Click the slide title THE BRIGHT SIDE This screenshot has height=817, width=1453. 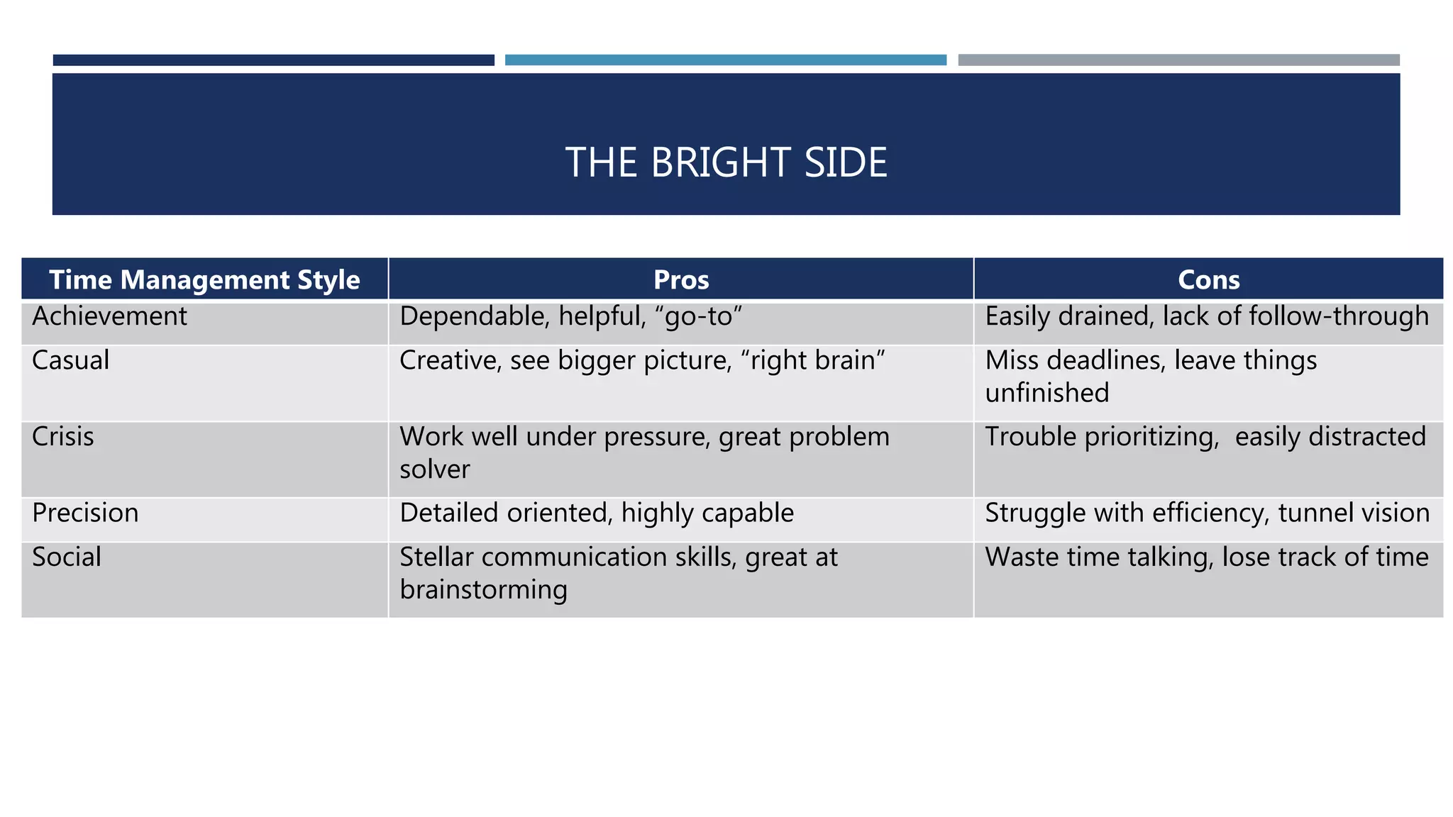[x=726, y=162]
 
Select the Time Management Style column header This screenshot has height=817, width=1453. [x=204, y=279]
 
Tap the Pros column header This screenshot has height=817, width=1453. [x=681, y=279]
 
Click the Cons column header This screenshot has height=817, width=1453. [x=1208, y=279]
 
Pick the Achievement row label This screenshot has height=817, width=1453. [x=109, y=316]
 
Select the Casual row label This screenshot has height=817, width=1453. [x=70, y=360]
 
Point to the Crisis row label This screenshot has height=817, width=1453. [x=62, y=437]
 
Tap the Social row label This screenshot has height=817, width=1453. [x=66, y=557]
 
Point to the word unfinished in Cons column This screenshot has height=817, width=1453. [x=1046, y=393]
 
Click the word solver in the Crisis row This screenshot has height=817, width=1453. [x=434, y=469]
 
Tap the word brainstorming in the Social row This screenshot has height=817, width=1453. [x=483, y=590]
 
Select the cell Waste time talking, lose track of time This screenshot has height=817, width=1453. [x=1207, y=557]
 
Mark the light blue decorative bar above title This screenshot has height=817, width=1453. [x=725, y=60]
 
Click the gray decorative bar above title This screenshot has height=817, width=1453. [x=1178, y=60]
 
